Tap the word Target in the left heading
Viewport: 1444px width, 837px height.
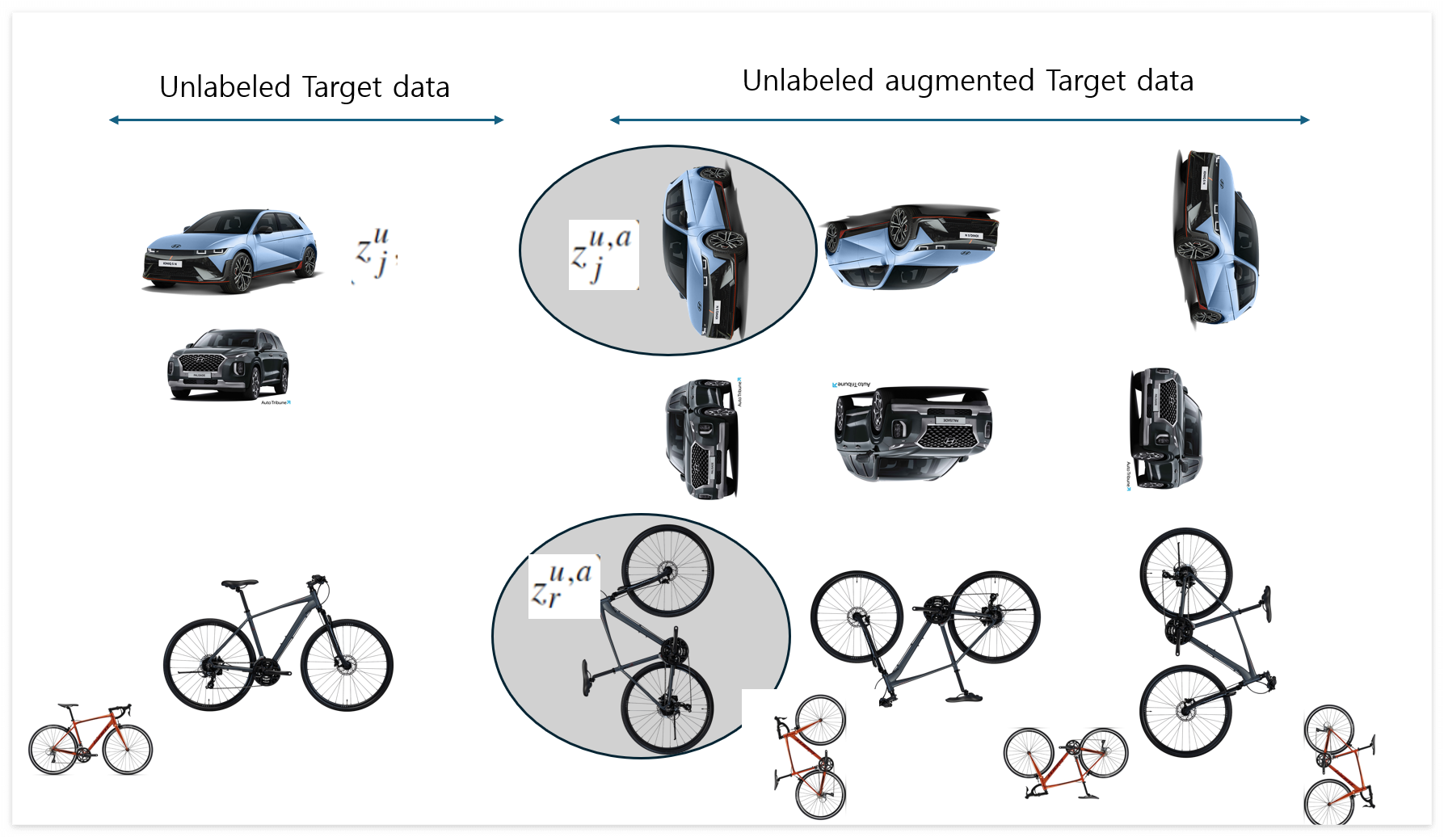[338, 87]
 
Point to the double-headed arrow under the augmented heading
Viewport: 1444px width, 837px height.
[959, 120]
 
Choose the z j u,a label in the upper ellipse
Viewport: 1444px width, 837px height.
[603, 254]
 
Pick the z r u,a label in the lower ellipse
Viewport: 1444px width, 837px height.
[563, 586]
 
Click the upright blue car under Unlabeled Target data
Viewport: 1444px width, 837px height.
[231, 251]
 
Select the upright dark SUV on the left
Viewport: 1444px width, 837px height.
[228, 364]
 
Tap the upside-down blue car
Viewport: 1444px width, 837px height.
[911, 245]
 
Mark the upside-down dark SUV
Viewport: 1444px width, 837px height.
[912, 432]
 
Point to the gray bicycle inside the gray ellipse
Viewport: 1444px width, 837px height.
[655, 638]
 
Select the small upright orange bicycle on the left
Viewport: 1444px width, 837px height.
[90, 740]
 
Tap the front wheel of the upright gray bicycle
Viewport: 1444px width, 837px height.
[347, 665]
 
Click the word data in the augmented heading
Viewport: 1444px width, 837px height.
[1164, 82]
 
